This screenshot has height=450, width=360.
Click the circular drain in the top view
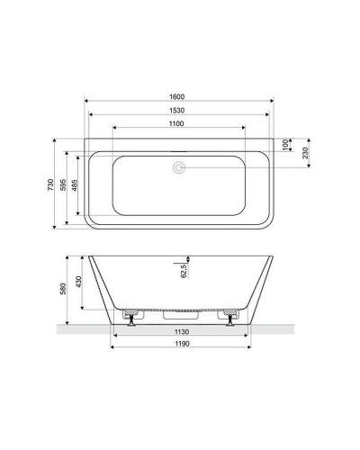point(179,167)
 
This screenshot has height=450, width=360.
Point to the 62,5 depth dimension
point(184,269)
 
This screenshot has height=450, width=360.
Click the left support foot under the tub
point(128,321)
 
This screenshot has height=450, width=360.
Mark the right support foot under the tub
point(231,321)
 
